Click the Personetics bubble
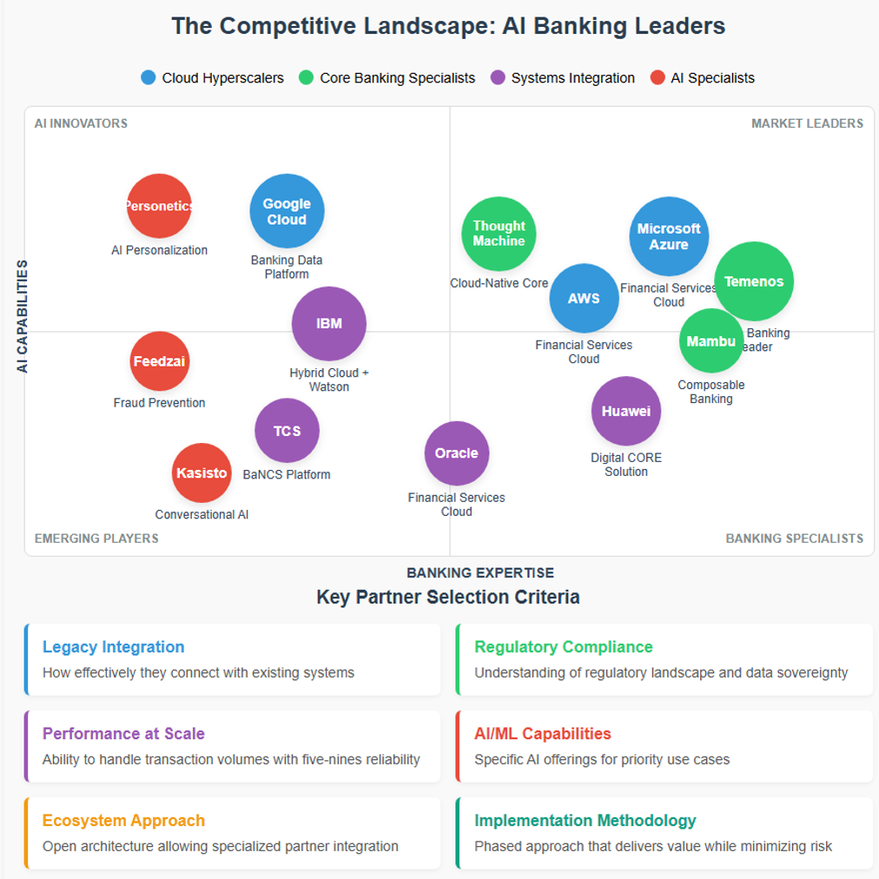pyautogui.click(x=159, y=206)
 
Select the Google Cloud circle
pyautogui.click(x=287, y=211)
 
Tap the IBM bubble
pyautogui.click(x=329, y=323)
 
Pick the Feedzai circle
pyautogui.click(x=160, y=361)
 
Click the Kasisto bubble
pyautogui.click(x=202, y=473)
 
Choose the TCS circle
pyautogui.click(x=287, y=431)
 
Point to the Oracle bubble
pyautogui.click(x=457, y=453)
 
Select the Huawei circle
pyautogui.click(x=626, y=411)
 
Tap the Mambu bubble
pyautogui.click(x=711, y=340)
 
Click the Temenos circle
pyautogui.click(x=754, y=281)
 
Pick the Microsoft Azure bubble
pyautogui.click(x=669, y=236)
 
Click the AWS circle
pyautogui.click(x=584, y=298)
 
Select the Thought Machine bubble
pyautogui.click(x=499, y=234)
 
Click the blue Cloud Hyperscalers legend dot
pyautogui.click(x=149, y=77)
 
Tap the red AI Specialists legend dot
pyautogui.click(x=658, y=77)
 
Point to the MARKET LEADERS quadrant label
pyautogui.click(x=807, y=123)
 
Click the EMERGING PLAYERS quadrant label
pyautogui.click(x=96, y=539)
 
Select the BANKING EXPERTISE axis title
pyautogui.click(x=480, y=572)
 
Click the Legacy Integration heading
pyautogui.click(x=113, y=647)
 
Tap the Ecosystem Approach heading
pyautogui.click(x=123, y=821)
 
